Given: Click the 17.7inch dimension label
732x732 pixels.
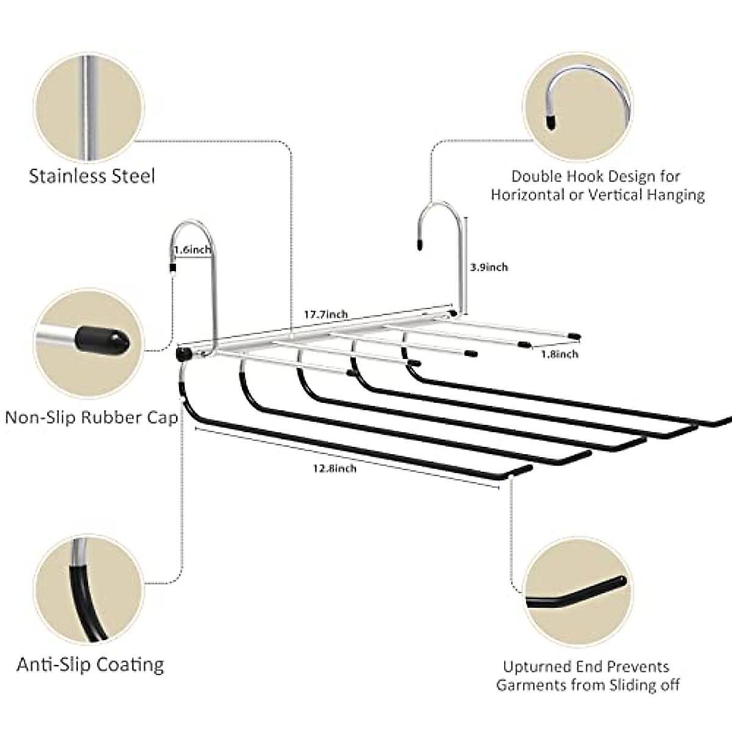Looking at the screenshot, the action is click(x=326, y=315).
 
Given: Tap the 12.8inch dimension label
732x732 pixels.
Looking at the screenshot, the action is click(x=335, y=468).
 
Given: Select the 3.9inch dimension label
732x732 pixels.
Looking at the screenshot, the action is click(x=489, y=267).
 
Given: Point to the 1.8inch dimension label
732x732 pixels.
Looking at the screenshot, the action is click(x=559, y=354).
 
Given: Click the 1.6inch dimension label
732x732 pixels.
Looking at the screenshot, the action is click(x=192, y=250).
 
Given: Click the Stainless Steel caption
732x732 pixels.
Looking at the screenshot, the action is click(x=92, y=177).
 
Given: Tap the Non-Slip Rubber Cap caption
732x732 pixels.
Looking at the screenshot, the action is click(x=91, y=418).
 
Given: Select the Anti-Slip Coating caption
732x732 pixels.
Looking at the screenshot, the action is click(x=90, y=665).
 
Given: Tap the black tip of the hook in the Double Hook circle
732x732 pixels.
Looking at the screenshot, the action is click(x=550, y=123).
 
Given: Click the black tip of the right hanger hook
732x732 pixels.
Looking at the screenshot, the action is click(x=420, y=245).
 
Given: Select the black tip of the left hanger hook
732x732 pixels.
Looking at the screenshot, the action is click(x=173, y=268).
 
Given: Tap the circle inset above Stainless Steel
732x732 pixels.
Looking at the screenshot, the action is click(x=89, y=108).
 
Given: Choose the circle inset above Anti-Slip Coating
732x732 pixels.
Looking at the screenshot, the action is click(x=89, y=590).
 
